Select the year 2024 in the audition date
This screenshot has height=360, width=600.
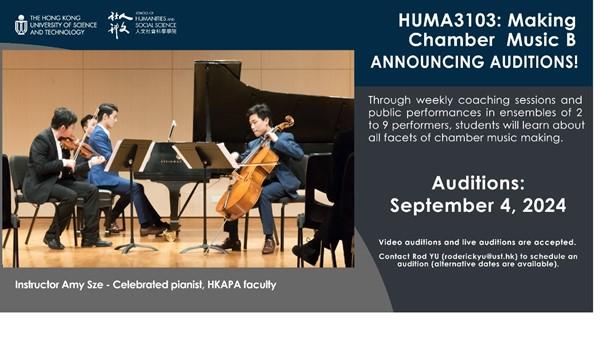pyautogui.click(x=540, y=206)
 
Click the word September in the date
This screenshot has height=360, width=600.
pyautogui.click(x=438, y=206)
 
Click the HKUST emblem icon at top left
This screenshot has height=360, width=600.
pyautogui.click(x=21, y=24)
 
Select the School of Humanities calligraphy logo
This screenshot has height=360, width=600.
pyautogui.click(x=120, y=24)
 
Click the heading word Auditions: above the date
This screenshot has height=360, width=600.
pyautogui.click(x=477, y=183)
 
